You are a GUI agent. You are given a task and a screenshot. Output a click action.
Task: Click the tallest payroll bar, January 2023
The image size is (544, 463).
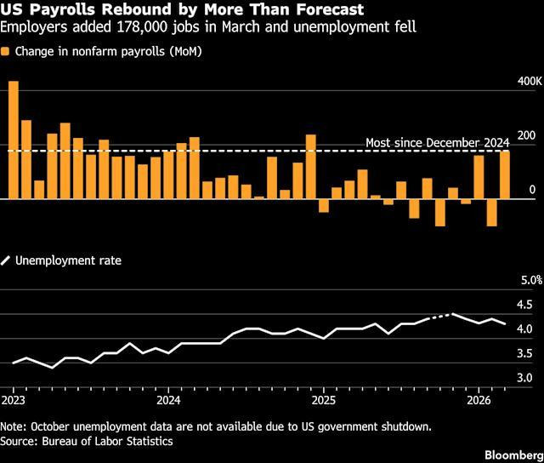click(x=14, y=140)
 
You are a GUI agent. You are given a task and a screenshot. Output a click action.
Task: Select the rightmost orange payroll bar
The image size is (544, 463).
click(x=505, y=175)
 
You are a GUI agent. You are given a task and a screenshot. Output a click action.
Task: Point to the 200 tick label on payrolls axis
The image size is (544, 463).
click(x=526, y=136)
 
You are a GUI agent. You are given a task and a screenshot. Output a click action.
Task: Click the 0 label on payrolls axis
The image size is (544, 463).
click(x=532, y=190)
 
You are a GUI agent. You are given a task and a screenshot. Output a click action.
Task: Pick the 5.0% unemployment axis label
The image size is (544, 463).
click(x=531, y=280)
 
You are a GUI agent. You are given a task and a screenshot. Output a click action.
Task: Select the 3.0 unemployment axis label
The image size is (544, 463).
click(x=524, y=378)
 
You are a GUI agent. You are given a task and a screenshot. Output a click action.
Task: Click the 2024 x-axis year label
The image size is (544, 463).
click(x=168, y=401)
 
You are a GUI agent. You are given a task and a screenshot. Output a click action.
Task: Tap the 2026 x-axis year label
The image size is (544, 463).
click(x=479, y=401)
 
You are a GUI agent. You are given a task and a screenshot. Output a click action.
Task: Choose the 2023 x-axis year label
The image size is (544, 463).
click(x=14, y=401)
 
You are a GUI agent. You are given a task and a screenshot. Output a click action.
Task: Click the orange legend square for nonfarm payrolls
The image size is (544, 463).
click(x=5, y=51)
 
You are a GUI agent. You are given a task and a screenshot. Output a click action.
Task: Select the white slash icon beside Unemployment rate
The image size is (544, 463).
click(x=5, y=260)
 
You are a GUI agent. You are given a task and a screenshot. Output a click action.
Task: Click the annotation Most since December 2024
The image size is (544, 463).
click(x=438, y=143)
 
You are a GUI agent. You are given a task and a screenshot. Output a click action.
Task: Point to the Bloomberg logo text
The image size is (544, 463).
click(x=514, y=455)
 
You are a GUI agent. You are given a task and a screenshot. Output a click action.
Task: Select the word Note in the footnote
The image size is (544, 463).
click(x=13, y=426)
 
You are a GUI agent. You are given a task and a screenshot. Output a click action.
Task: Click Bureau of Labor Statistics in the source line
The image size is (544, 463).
click(x=107, y=441)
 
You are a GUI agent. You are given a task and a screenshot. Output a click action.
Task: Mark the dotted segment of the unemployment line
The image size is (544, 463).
click(x=440, y=316)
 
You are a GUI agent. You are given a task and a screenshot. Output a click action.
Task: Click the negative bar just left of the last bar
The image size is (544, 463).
click(x=491, y=213)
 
